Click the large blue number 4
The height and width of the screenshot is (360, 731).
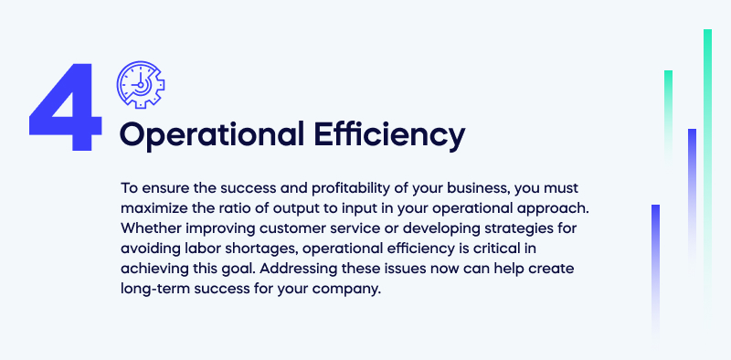coord(64,107)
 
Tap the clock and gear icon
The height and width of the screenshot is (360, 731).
coord(140,83)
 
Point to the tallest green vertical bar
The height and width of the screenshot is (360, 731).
coord(707,164)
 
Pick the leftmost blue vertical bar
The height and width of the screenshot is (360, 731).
coord(655,265)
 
